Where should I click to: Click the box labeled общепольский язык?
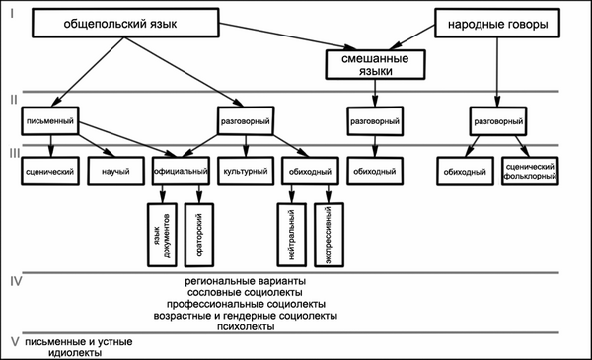pyautogui.click(x=125, y=23)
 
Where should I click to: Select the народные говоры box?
pyautogui.click(x=497, y=24)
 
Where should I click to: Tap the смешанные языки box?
pyautogui.click(x=375, y=64)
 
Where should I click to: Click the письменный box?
pyautogui.click(x=50, y=120)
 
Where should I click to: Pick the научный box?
pyautogui.click(x=115, y=172)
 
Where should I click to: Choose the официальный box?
pyautogui.click(x=181, y=172)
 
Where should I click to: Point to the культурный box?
pyautogui.click(x=246, y=172)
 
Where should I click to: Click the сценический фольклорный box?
pyautogui.click(x=530, y=172)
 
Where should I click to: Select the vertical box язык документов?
pyautogui.click(x=162, y=235)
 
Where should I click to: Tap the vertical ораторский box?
pyautogui.click(x=199, y=235)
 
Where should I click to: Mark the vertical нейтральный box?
pyautogui.click(x=291, y=235)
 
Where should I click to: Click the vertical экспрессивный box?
pyautogui.click(x=329, y=235)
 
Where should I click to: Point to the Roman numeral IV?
pyautogui.click(x=16, y=281)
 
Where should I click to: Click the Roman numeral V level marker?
pyautogui.click(x=15, y=342)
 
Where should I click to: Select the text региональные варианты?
pyautogui.click(x=246, y=281)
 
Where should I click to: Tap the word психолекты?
pyautogui.click(x=246, y=326)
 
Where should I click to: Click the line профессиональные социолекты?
pyautogui.click(x=246, y=304)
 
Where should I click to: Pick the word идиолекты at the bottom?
pyautogui.click(x=75, y=353)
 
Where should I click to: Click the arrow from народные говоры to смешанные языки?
pyautogui.click(x=411, y=37)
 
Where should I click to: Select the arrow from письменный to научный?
pyautogui.click(x=97, y=146)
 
